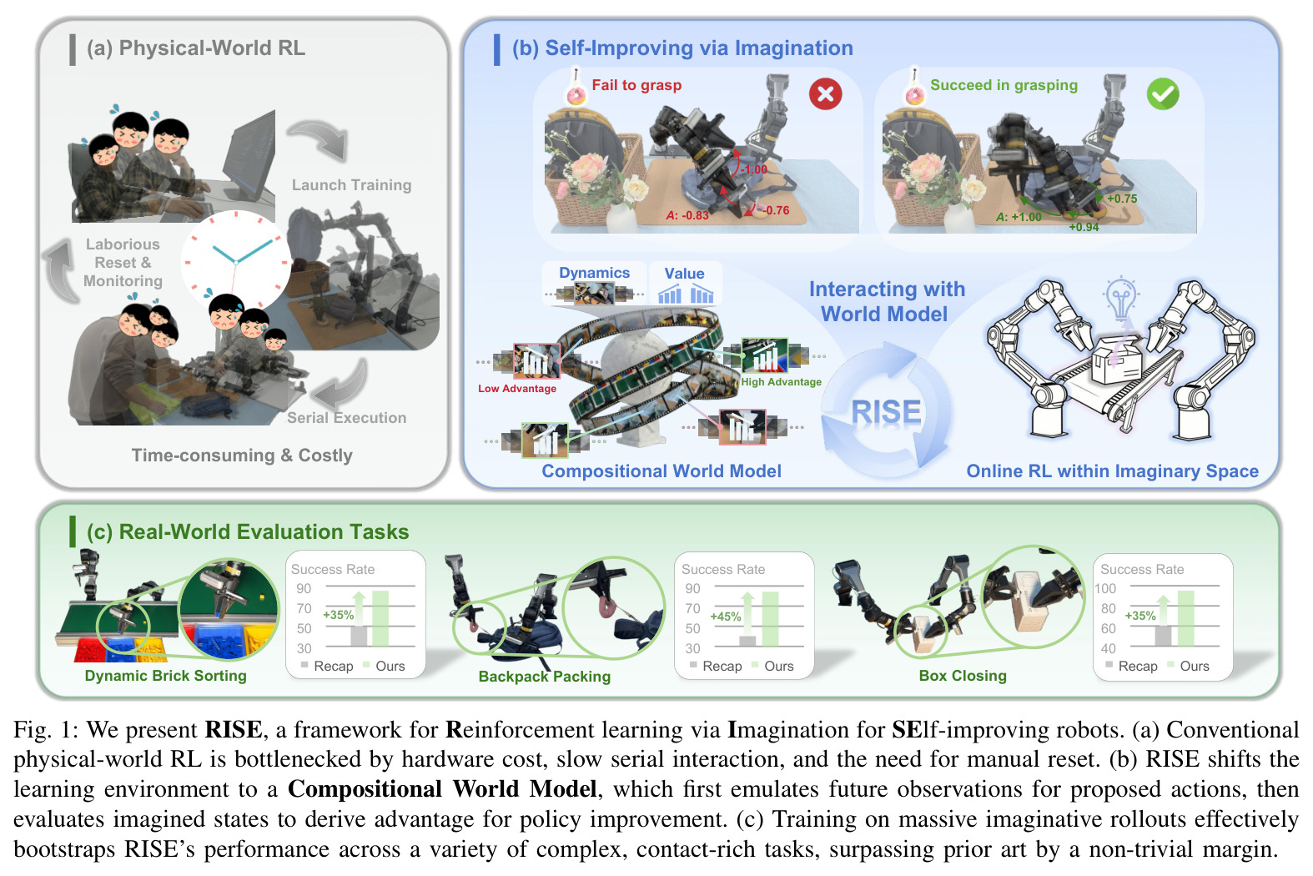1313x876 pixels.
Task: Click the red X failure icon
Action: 825,93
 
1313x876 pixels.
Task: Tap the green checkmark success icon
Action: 1163,93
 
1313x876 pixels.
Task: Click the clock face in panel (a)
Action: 235,261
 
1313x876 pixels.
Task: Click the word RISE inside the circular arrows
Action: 886,411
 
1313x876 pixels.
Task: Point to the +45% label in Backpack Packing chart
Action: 726,617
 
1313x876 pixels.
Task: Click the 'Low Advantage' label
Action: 517,389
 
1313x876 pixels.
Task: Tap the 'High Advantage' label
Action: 782,382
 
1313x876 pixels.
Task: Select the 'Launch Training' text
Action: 352,185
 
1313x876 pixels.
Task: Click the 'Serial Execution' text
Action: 346,417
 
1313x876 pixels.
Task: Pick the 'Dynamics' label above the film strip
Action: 595,273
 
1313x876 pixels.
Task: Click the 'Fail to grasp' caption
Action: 636,85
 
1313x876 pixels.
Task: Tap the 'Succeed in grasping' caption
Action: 1004,85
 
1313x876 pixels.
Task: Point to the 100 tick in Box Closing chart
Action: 1105,588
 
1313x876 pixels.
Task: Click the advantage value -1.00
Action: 754,169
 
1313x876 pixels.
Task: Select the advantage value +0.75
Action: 1122,199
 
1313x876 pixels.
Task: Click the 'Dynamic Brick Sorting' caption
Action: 166,676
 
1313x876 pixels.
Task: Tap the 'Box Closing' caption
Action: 963,676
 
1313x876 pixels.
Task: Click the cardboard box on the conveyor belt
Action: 1117,360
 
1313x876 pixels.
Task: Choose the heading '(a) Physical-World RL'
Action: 196,48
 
